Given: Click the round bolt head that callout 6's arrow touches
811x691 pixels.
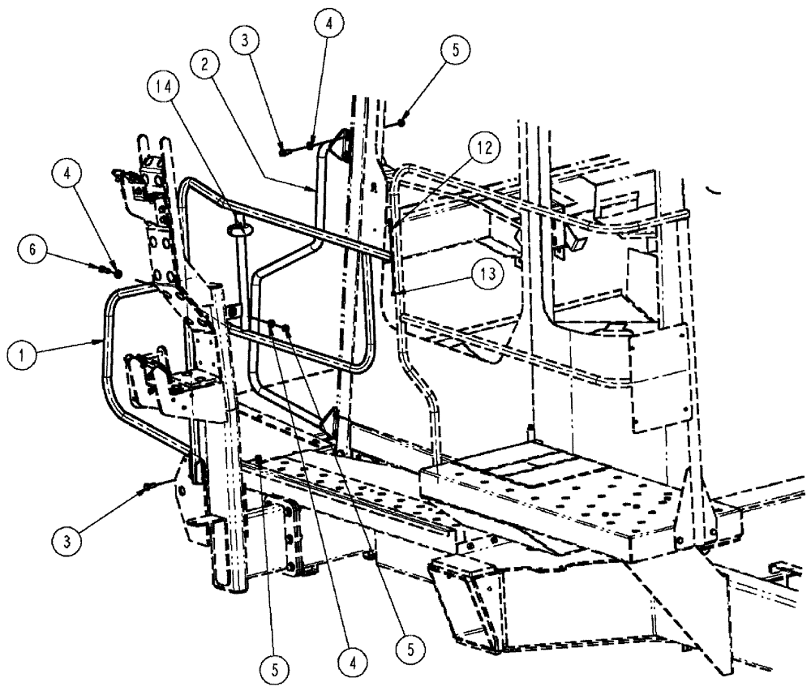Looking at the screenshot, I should point(118,273).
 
